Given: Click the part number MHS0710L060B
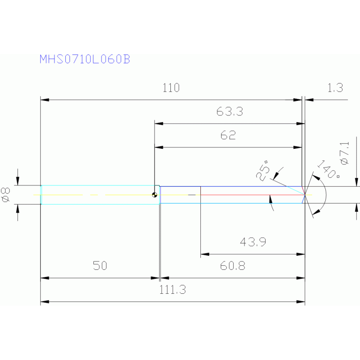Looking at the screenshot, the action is click(x=84, y=59).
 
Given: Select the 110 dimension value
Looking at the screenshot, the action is click(x=171, y=88).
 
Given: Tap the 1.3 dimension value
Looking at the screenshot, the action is click(x=335, y=88).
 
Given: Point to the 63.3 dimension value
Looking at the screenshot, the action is click(x=230, y=112).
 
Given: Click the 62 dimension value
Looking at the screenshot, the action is click(x=228, y=135).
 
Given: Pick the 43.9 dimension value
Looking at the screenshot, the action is click(x=253, y=242).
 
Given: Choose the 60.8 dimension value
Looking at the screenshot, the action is click(x=233, y=266).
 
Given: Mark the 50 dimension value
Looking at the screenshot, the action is click(x=100, y=266).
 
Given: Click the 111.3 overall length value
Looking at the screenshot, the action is click(x=172, y=290).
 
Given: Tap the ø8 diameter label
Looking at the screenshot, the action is click(x=6, y=195).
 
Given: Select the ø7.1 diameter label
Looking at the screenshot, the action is click(x=345, y=153).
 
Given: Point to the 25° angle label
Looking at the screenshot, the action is click(x=263, y=170).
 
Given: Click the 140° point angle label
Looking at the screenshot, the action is click(x=329, y=170).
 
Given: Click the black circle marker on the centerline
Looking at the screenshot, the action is click(x=154, y=195).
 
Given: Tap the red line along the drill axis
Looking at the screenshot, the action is click(x=253, y=195).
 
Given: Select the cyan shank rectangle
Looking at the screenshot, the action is click(x=100, y=195).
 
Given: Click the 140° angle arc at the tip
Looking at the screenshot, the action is click(x=326, y=195).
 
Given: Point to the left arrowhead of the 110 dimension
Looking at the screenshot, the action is click(x=45, y=100).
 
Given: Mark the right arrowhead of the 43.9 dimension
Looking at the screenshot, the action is click(x=300, y=254).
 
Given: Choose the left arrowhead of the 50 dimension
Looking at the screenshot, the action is click(x=45, y=278).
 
